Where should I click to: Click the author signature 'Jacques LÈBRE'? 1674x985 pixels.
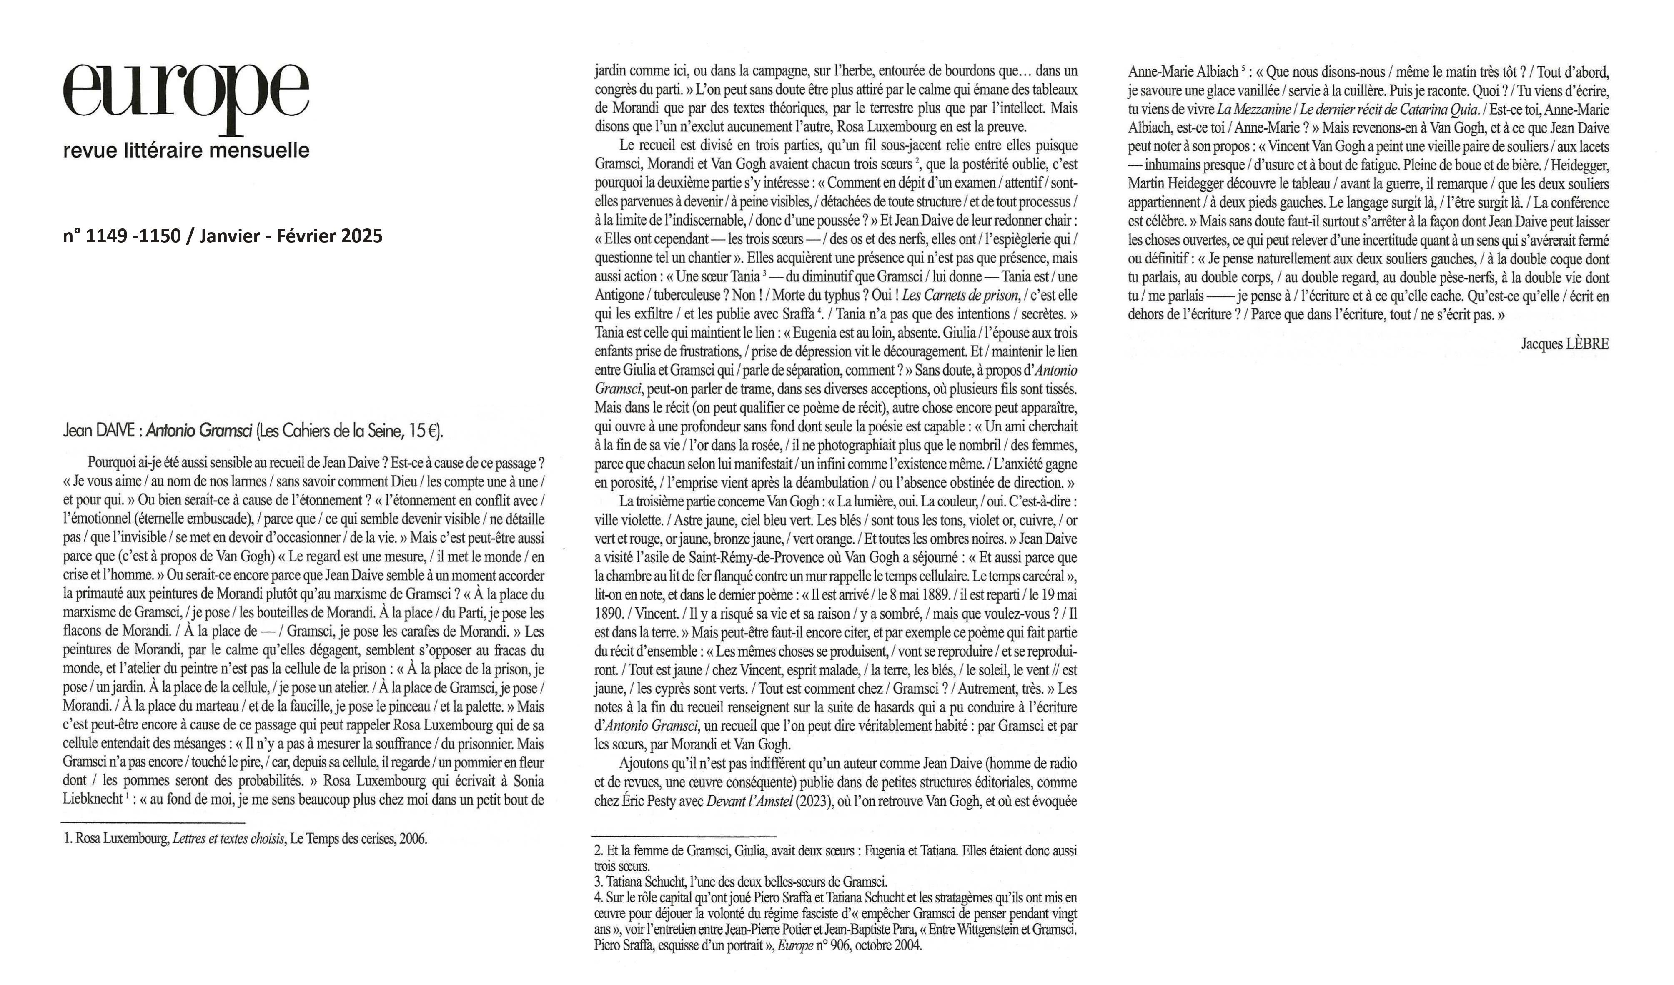[x=1565, y=344]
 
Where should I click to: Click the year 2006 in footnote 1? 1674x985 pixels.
[x=413, y=839]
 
